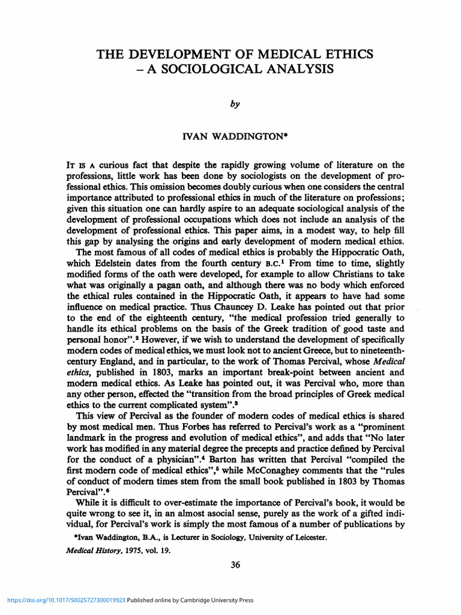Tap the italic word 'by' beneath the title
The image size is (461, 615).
pos(235,104)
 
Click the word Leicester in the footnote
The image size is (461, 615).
pos(307,538)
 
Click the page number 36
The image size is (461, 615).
pos(235,565)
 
